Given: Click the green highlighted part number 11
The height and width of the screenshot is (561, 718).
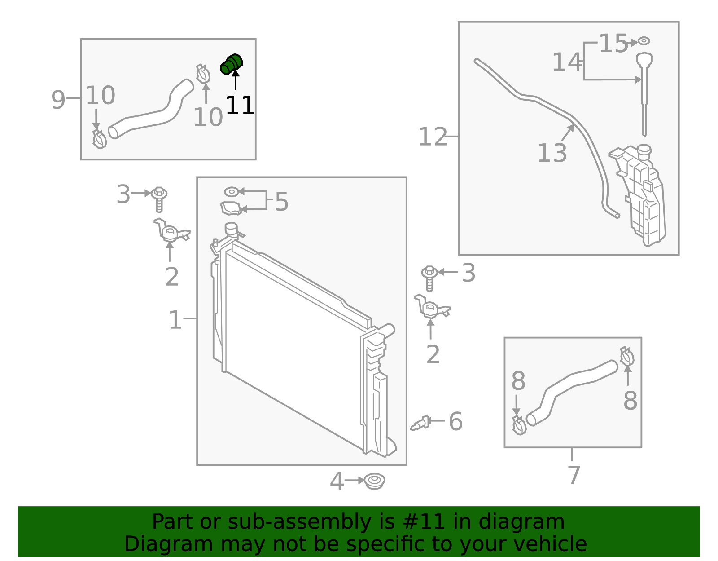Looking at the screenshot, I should pyautogui.click(x=232, y=64).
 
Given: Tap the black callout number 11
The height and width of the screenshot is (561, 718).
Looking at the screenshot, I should pyautogui.click(x=240, y=106).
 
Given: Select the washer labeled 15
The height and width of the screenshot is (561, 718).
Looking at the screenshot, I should pyautogui.click(x=644, y=41).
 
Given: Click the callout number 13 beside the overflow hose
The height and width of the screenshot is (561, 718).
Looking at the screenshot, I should pyautogui.click(x=552, y=153).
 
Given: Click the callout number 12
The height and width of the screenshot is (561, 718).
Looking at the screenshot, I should pyautogui.click(x=433, y=137).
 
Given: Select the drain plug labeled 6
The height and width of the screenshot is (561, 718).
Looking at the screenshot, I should pyautogui.click(x=420, y=424).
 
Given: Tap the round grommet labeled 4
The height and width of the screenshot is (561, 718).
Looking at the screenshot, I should pyautogui.click(x=374, y=481).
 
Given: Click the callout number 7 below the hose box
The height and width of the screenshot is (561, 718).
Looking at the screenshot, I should pyautogui.click(x=574, y=475).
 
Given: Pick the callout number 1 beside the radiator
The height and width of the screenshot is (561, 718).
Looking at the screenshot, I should pyautogui.click(x=175, y=320).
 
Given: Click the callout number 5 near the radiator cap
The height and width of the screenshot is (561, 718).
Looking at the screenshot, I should pyautogui.click(x=281, y=202).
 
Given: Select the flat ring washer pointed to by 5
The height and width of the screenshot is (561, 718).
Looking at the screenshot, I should pyautogui.click(x=232, y=192).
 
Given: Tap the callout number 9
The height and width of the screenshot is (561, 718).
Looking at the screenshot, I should pyautogui.click(x=58, y=100).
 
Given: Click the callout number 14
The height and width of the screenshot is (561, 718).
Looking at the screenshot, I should pyautogui.click(x=567, y=62).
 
